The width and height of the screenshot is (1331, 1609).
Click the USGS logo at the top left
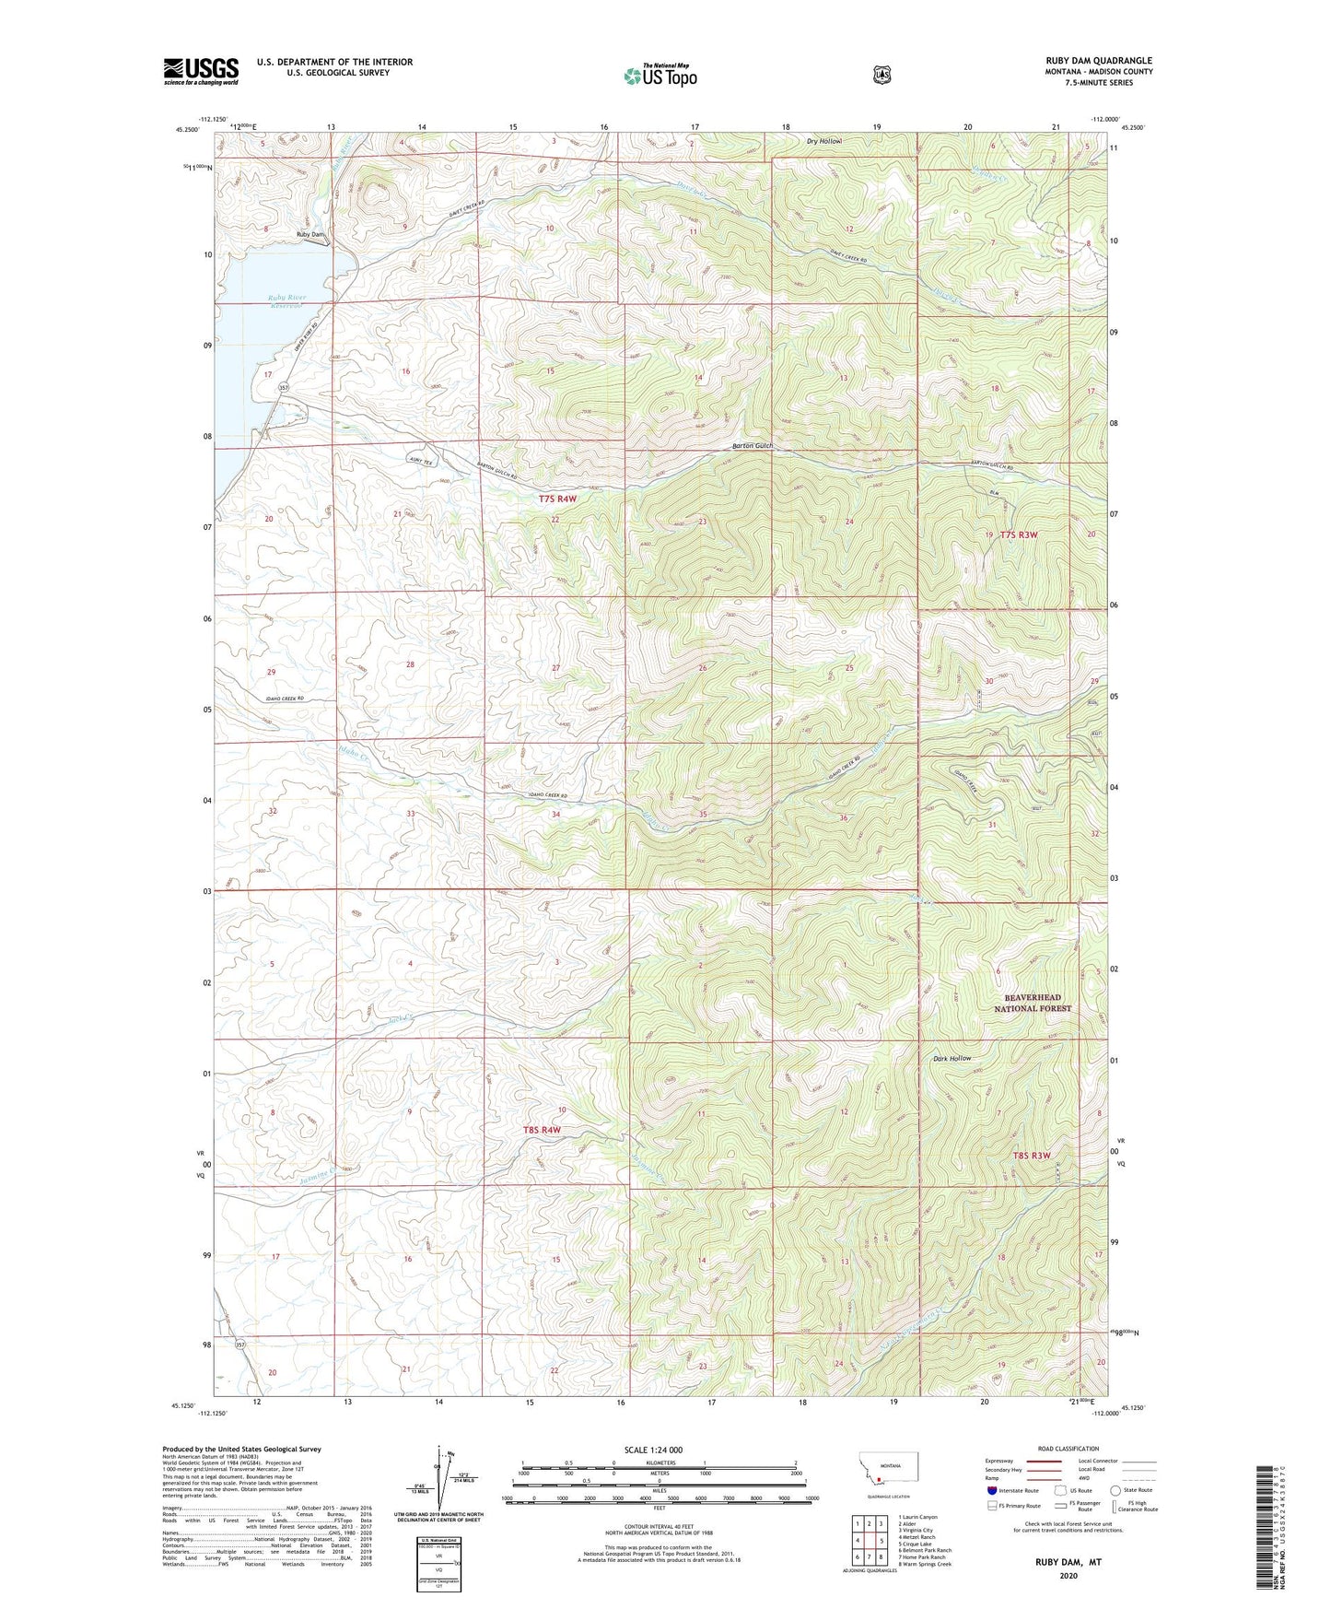click(x=201, y=71)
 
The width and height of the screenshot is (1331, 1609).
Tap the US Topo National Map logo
click(x=660, y=76)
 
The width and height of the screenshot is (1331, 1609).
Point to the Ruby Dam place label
click(x=310, y=235)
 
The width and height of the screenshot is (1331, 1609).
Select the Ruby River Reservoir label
click(x=286, y=301)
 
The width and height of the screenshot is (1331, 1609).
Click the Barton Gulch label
click(x=752, y=446)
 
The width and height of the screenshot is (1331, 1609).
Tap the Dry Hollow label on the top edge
click(x=824, y=141)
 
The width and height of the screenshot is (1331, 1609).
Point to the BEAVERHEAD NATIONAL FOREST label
click(x=1033, y=1003)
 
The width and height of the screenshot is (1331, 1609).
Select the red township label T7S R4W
click(x=557, y=499)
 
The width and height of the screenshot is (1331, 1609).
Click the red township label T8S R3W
click(x=1032, y=1155)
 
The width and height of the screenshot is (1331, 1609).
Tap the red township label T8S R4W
click(x=542, y=1129)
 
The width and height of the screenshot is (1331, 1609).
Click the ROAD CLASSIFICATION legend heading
click(x=1068, y=1449)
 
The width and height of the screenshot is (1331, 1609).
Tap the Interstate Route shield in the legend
click(x=991, y=1489)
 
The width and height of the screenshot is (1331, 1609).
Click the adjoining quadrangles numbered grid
click(x=868, y=1540)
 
